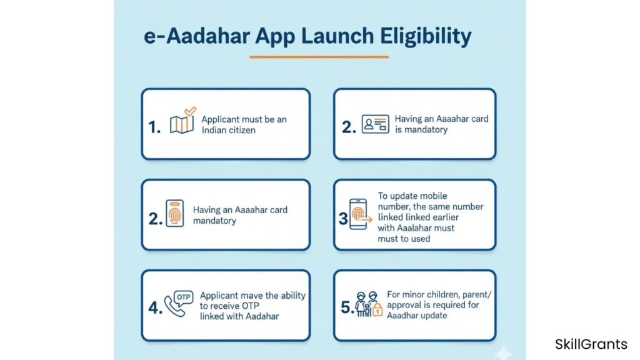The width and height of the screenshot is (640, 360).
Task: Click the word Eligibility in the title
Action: click(x=426, y=36)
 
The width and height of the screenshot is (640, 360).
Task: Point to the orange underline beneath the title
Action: click(x=319, y=57)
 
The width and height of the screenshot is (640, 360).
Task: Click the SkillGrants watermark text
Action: click(x=591, y=344)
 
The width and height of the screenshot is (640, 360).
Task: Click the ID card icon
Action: click(x=375, y=124)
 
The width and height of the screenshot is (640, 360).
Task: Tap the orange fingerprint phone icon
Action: click(x=175, y=213)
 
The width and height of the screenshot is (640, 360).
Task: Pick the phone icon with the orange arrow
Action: click(x=360, y=214)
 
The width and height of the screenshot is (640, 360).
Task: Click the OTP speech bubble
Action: click(x=183, y=297)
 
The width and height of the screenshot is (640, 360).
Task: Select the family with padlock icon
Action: click(x=369, y=304)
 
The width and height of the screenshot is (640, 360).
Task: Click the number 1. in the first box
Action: click(x=154, y=127)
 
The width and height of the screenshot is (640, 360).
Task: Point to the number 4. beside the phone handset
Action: click(x=155, y=307)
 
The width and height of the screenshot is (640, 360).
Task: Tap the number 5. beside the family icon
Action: click(x=347, y=307)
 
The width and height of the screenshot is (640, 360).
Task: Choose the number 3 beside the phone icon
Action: click(x=343, y=218)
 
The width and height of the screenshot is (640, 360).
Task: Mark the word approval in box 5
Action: click(x=403, y=305)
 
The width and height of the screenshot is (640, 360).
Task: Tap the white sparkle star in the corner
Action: click(x=503, y=352)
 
